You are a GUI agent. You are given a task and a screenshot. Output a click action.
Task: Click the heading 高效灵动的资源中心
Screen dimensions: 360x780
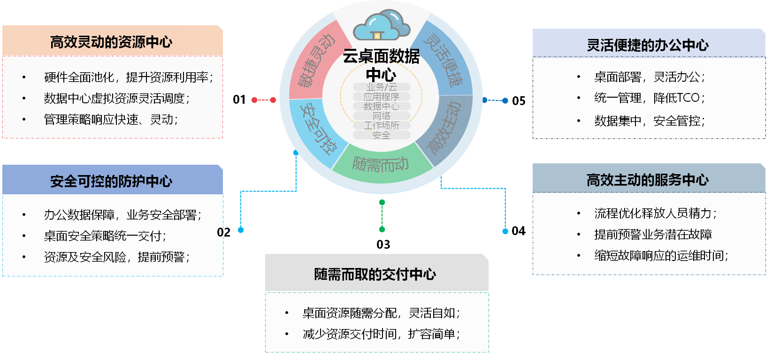[111, 42]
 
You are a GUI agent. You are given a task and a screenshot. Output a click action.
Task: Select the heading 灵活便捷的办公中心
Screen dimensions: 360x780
[648, 45]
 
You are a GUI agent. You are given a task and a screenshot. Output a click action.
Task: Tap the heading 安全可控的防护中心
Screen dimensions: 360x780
[111, 181]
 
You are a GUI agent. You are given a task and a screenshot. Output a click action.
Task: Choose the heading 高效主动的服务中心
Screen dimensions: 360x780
[648, 180]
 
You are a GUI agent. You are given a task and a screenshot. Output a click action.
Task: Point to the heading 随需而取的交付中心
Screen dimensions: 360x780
[375, 274]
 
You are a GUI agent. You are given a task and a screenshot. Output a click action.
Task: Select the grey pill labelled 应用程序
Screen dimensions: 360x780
[382, 97]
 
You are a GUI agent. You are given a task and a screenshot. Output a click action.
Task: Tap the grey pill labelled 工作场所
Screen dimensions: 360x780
[382, 125]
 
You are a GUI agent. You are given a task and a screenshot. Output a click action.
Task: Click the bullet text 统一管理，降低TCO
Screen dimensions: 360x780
[649, 98]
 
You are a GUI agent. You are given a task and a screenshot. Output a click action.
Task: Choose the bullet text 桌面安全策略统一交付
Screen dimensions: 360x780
[105, 236]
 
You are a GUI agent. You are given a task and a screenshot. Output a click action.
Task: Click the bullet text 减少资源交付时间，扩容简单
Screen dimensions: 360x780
[381, 334]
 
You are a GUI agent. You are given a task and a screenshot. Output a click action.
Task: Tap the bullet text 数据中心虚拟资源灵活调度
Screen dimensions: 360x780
[116, 98]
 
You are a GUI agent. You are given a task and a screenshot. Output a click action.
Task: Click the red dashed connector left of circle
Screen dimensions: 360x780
[264, 100]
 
